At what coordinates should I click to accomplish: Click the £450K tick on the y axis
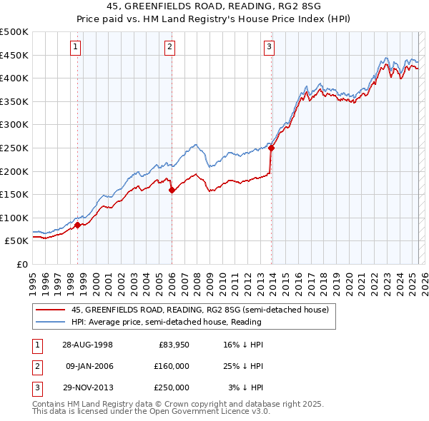coord(14,55)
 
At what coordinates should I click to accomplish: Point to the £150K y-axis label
coord(14,194)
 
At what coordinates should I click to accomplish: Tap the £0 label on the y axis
coord(22,264)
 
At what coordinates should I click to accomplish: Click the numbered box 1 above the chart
coord(77,48)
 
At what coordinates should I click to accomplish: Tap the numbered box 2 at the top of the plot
coord(170,48)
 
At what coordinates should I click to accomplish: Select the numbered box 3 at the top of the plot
coord(270,48)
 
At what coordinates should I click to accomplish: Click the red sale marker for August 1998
coord(77,225)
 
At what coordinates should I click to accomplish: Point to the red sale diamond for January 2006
coord(172,190)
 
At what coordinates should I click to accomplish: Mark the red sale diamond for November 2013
coord(272,148)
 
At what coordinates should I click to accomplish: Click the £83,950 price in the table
coord(174,345)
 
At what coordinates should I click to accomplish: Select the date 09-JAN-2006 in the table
coord(89,366)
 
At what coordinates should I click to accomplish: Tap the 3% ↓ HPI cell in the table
coord(245,387)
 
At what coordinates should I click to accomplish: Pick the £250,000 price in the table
coord(172,387)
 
